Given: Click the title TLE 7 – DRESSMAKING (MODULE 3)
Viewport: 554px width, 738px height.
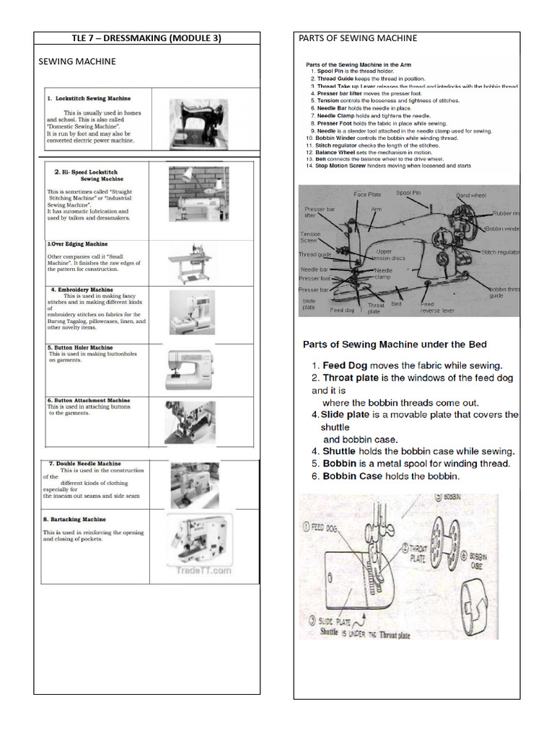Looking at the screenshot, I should pos(146,38).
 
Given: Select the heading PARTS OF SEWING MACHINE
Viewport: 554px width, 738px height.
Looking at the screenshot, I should pos(358,38).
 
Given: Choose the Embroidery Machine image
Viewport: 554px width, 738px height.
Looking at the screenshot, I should pos(192,312).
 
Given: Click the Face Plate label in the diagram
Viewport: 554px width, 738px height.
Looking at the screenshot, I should pos(367,195).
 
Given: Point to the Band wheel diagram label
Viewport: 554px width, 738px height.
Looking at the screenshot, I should pos(472,195).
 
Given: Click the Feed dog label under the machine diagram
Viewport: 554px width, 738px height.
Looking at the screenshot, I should pos(342,311).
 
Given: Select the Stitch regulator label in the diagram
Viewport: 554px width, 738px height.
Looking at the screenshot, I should pos(500,252).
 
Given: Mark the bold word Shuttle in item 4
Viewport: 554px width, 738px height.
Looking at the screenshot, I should pos(339,451).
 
